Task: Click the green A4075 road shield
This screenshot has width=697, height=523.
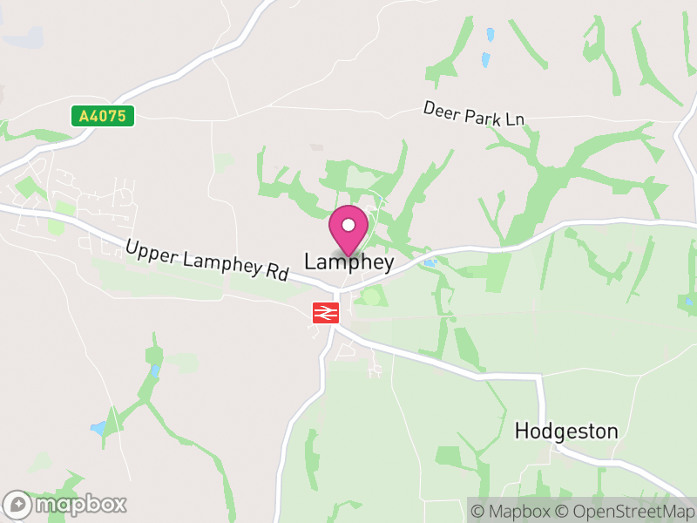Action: click(103, 116)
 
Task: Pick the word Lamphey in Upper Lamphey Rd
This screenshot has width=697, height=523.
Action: click(214, 261)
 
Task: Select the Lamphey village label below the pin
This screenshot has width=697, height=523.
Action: click(348, 261)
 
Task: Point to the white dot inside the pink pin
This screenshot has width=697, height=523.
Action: click(348, 225)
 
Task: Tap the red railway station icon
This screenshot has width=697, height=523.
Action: click(326, 312)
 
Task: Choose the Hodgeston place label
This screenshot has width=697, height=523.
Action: click(566, 431)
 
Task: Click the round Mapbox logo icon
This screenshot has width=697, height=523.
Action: click(17, 505)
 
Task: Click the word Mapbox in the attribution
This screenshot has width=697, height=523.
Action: click(522, 510)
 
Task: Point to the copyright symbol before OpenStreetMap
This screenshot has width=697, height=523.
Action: click(563, 510)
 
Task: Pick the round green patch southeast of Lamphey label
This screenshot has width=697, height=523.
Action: click(372, 296)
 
